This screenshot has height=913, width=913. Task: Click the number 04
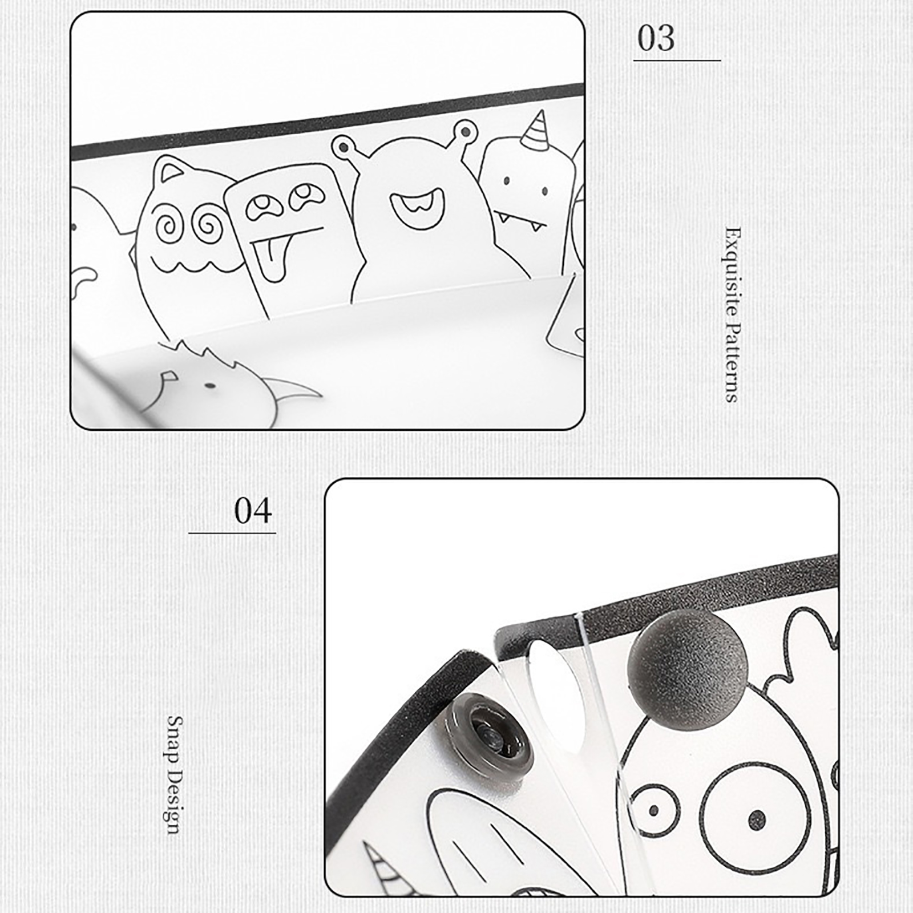253,511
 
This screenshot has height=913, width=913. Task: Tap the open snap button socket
490,736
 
